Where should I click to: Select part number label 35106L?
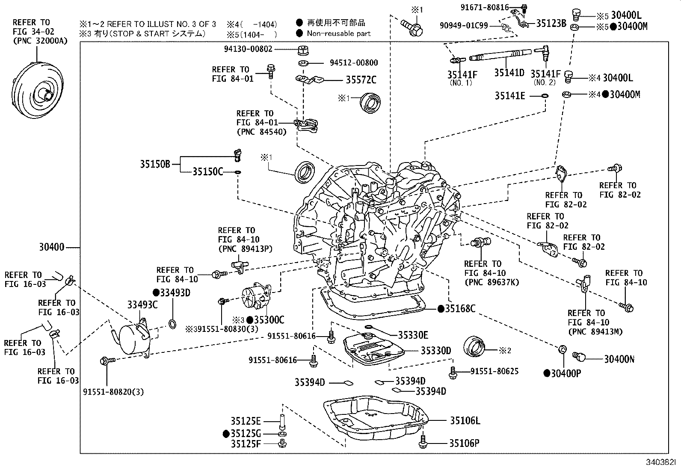tap(465, 421)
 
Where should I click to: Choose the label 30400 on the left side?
tap(52, 247)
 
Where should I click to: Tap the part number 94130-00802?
tap(248, 49)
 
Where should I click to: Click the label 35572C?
tap(361, 80)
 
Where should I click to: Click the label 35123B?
tap(551, 24)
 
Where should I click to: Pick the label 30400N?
tap(619, 359)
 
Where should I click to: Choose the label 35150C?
tap(207, 172)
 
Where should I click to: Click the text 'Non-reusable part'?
tap(338, 33)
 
